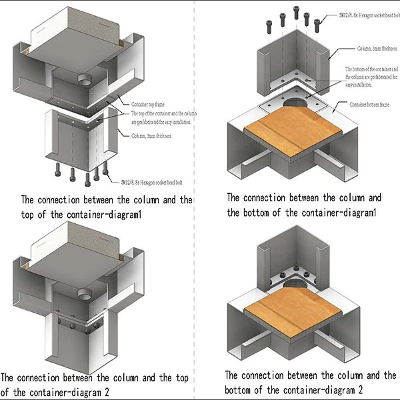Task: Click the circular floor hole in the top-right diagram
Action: [x=294, y=104]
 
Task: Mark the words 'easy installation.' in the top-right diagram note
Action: [x=361, y=85]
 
